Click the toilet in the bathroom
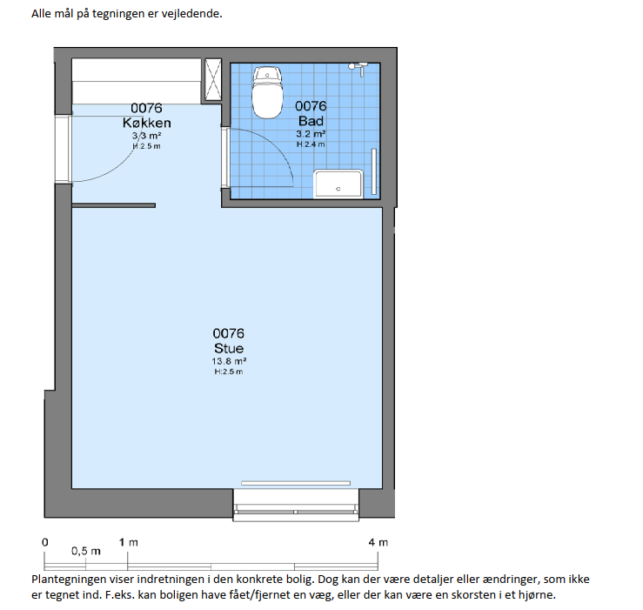coord(267,93)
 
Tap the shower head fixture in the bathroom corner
coord(358,69)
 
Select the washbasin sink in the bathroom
coord(338,184)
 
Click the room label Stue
coord(229,348)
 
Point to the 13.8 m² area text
coord(229,361)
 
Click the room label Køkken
coord(147,123)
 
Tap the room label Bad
coord(311,121)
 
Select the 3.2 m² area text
coord(311,134)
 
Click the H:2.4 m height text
coord(311,144)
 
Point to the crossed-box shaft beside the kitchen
coord(213,79)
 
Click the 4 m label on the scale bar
coord(378,542)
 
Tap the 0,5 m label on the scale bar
coord(86,551)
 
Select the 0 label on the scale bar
coord(45,542)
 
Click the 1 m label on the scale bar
coord(129,542)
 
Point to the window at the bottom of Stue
coord(296,505)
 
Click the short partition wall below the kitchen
coord(114,205)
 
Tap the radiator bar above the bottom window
coord(296,483)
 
